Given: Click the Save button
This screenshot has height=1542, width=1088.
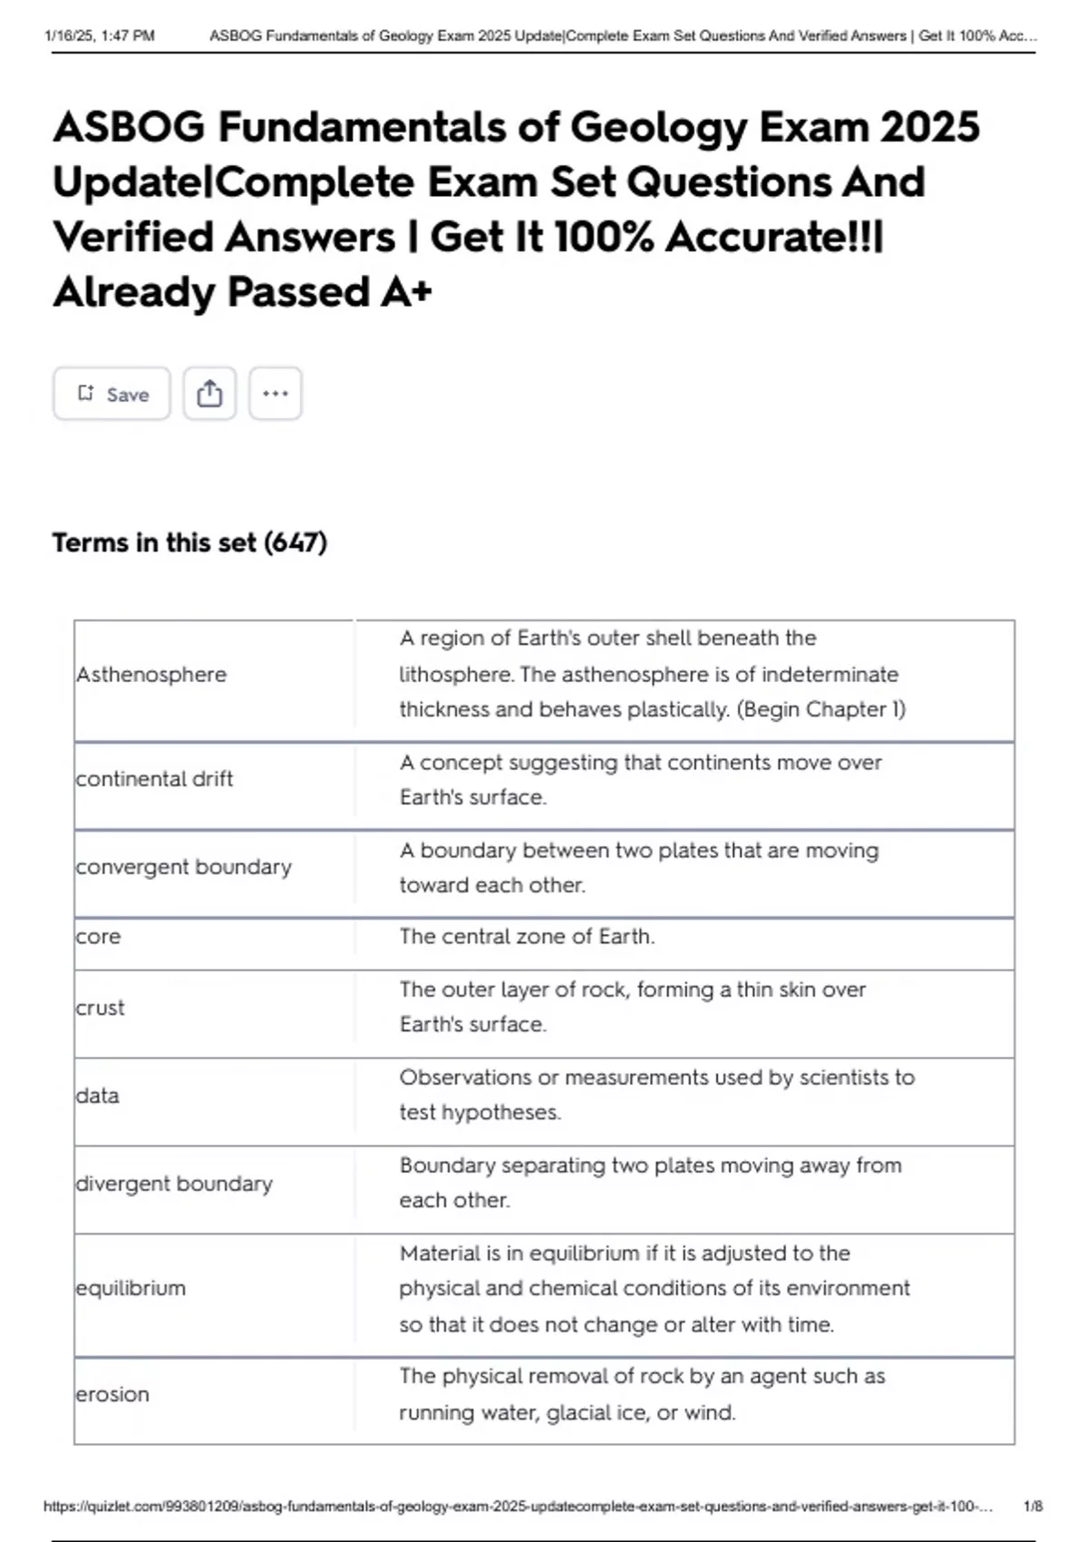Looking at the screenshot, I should [112, 394].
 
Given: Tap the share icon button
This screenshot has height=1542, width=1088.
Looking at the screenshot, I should [209, 394].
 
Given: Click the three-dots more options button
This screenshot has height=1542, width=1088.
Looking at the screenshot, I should [276, 394].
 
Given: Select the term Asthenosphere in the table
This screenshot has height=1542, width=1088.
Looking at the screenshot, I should [151, 675].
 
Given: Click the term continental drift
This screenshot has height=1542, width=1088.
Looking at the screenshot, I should [154, 779].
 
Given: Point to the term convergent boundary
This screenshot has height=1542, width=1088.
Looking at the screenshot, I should [183, 867].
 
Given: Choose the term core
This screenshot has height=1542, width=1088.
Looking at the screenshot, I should [98, 937].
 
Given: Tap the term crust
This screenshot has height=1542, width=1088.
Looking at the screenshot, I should [100, 1008].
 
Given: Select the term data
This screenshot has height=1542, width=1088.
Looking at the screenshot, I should [97, 1096].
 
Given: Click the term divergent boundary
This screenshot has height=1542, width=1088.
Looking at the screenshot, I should [174, 1184].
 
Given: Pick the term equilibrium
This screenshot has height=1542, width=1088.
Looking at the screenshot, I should [131, 1288].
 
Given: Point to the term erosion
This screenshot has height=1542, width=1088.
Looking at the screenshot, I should [112, 1394].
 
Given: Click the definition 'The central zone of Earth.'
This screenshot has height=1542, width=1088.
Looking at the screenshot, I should [527, 937].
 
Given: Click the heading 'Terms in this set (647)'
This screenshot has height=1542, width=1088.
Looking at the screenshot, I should [189, 542].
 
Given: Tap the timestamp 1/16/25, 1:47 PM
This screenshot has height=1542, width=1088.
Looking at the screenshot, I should [100, 36].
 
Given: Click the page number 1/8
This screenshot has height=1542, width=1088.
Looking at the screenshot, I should [1033, 1507].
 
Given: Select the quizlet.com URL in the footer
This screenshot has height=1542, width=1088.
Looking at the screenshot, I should [518, 1507].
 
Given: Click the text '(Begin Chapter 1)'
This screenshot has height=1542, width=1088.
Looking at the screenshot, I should [821, 709].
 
